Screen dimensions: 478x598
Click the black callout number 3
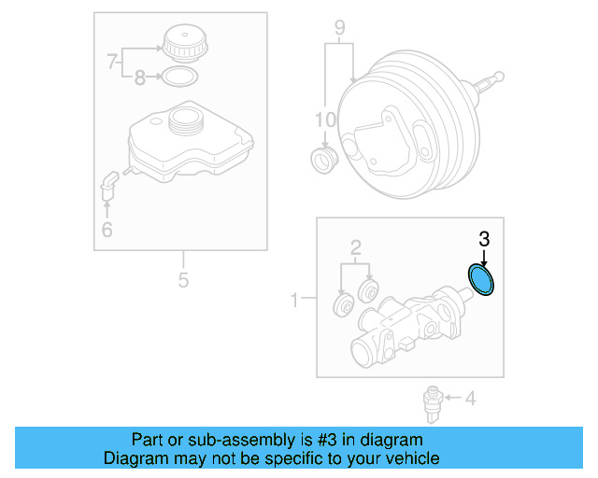pos(483,239)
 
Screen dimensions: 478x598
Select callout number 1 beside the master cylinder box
pos(295,300)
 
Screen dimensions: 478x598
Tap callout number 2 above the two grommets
pos(355,247)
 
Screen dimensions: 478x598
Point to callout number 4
pos(470,400)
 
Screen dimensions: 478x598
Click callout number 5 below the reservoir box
pos(183,279)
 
